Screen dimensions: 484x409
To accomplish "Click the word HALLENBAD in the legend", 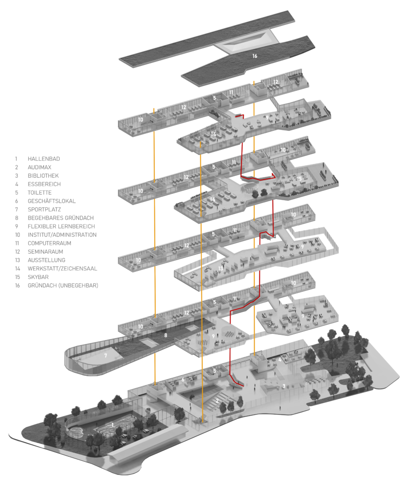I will point(44,159).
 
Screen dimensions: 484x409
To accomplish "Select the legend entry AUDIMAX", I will point(40,167).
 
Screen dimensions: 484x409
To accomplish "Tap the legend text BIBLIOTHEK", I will point(44,176).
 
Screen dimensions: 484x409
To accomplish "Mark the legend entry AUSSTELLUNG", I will point(46,260).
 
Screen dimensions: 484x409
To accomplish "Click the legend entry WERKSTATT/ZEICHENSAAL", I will point(62,268).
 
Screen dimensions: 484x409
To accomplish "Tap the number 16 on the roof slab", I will point(255,56).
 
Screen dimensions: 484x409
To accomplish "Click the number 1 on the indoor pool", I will point(112,425).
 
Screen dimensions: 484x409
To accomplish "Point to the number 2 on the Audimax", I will point(217,401).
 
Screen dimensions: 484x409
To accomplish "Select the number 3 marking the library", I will point(284,386).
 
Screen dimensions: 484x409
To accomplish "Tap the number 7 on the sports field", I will point(106,355).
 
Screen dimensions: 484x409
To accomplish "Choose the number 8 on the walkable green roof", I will point(165,335).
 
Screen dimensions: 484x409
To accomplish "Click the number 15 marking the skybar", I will point(299,179).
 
